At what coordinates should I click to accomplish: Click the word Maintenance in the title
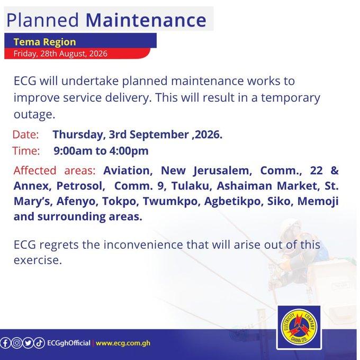(146, 20)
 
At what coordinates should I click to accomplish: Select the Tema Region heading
(45, 42)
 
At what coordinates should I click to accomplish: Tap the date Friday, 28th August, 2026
(60, 53)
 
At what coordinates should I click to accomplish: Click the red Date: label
(25, 134)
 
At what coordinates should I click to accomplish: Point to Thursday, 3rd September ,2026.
(138, 134)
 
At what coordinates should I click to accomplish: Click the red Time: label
(26, 151)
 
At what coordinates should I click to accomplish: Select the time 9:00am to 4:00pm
(101, 151)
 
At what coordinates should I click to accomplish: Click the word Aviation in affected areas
(128, 170)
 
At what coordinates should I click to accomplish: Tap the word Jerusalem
(222, 171)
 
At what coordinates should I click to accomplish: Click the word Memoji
(318, 201)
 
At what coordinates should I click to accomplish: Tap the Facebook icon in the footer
(5, 343)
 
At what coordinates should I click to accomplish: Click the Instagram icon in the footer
(16, 343)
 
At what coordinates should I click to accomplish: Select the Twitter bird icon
(28, 343)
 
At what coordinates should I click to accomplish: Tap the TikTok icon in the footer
(39, 343)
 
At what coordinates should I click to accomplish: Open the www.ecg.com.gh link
(123, 343)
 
